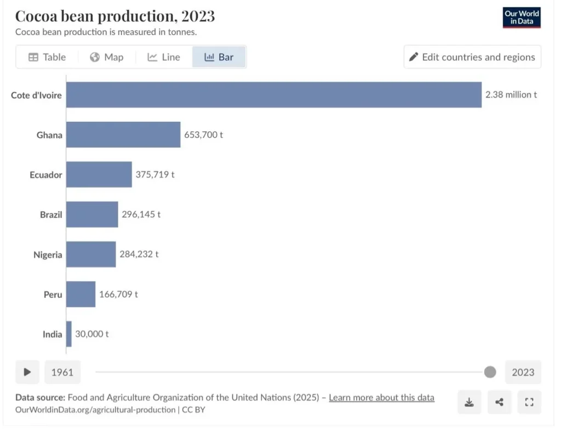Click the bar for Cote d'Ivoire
pos(274,95)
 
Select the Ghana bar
pos(123,135)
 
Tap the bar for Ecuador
pos(99,174)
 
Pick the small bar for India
pos(69,334)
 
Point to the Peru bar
pos(81,295)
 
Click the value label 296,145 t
pos(141,214)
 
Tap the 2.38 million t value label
pos(511,95)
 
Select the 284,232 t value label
pos(139,255)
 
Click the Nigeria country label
pos(48,255)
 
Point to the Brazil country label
pos(51,214)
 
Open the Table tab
pos(47,57)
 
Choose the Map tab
pos(107,57)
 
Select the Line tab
pos(164,57)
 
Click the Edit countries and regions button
pos(472,57)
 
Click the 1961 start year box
pos(62,372)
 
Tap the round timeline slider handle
pos(490,372)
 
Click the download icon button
pos(469,402)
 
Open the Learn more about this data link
pos(381,398)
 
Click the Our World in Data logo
pos(522,18)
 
